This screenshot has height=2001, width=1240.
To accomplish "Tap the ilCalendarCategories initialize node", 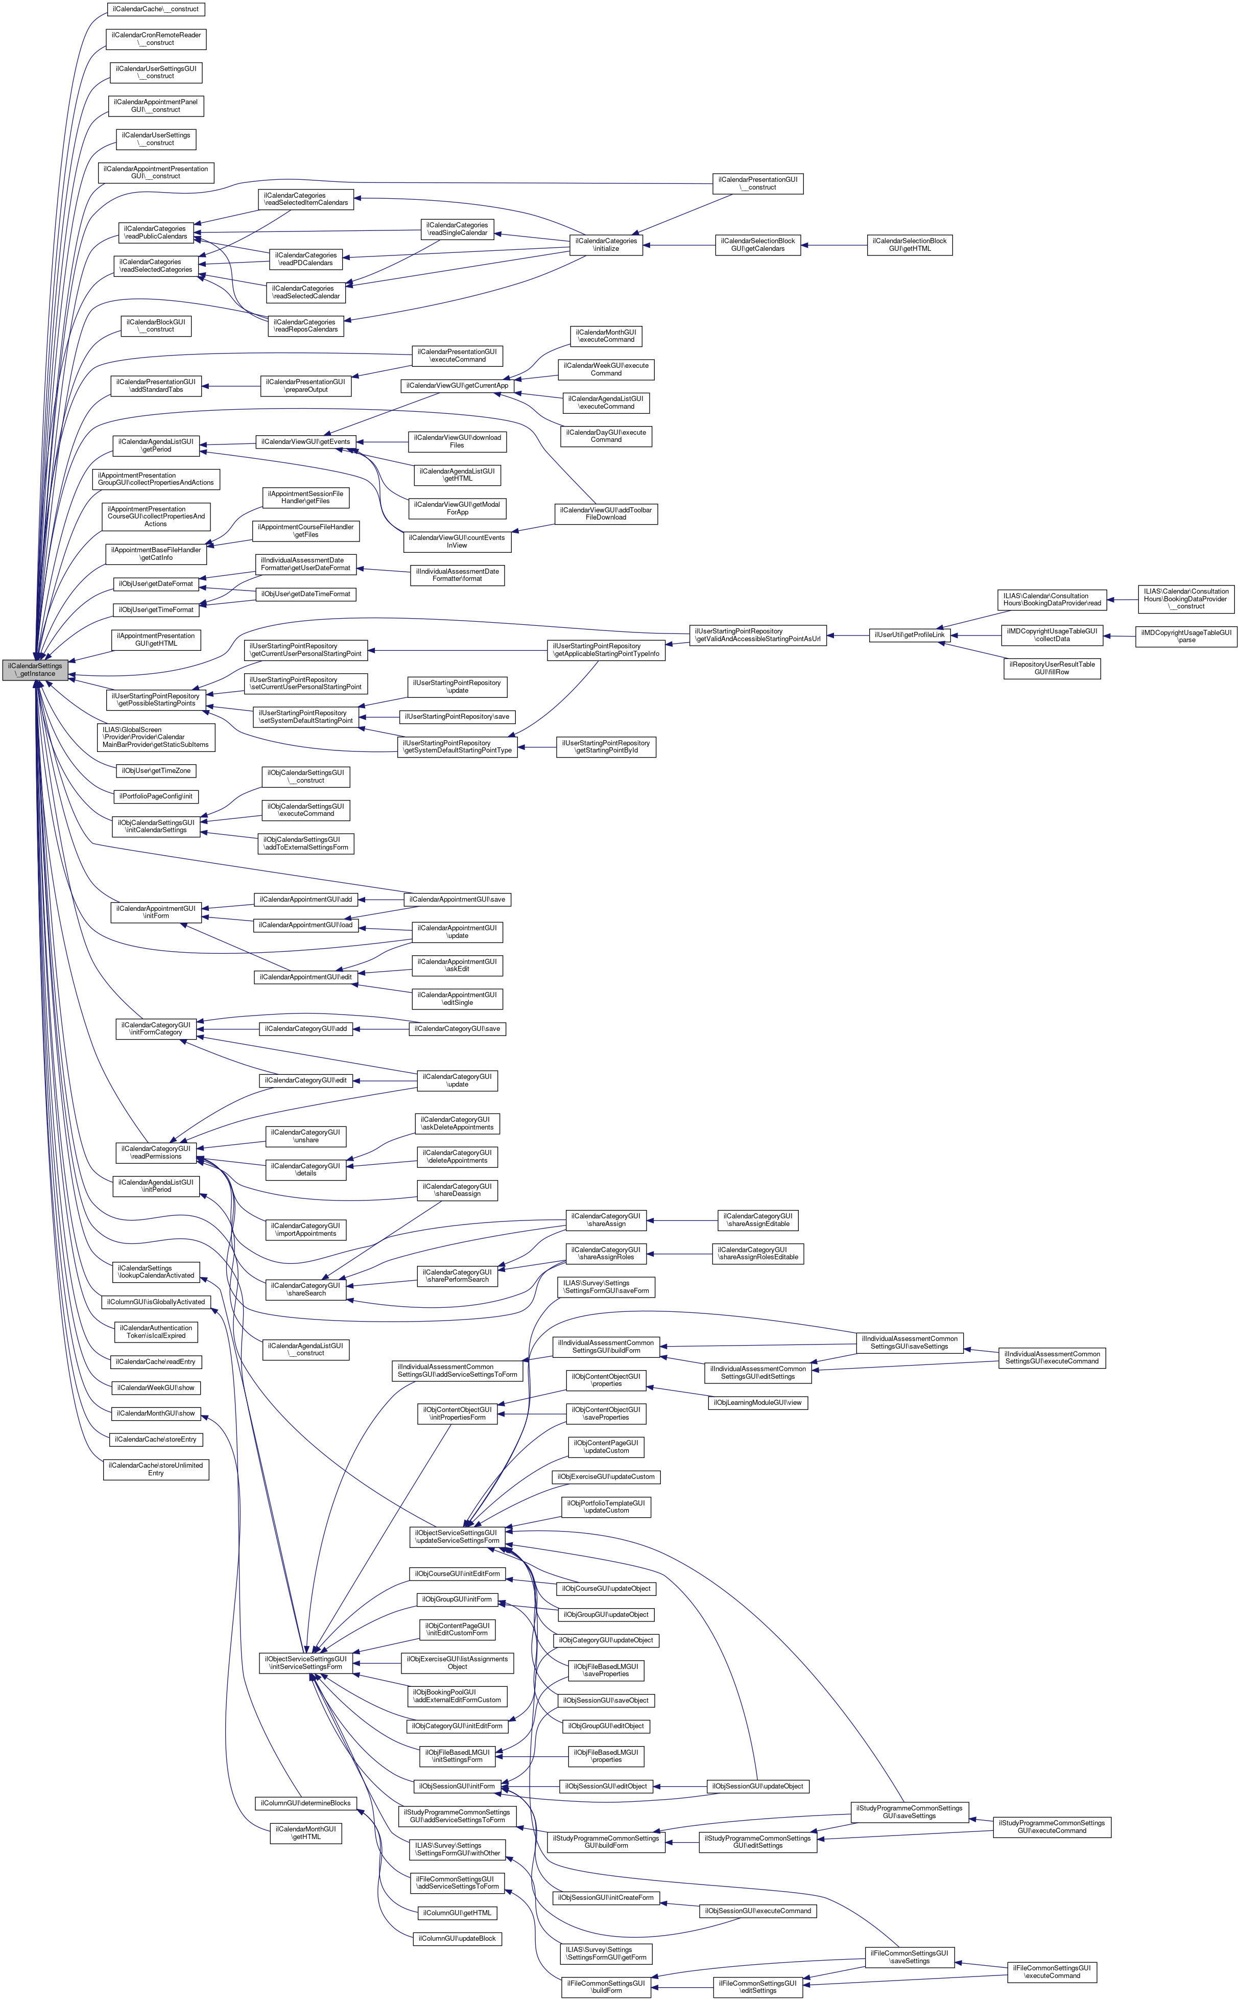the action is pos(606,244).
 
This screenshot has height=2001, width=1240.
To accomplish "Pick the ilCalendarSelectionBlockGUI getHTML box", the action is pos(910,244).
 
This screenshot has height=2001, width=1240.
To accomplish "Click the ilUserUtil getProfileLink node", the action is pos(910,635).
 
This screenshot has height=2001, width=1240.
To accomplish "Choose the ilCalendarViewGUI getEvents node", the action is pos(305,442).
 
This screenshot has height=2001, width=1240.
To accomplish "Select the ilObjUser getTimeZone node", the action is pos(155,771).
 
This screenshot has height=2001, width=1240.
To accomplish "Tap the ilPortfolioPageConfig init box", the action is pos(155,796).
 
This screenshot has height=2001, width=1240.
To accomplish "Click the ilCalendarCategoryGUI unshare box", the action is pos(305,1136).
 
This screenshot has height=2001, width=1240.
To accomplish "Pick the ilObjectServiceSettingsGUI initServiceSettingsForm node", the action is pos(305,1662).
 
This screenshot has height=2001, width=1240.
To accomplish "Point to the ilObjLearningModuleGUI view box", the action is pos(758,1402).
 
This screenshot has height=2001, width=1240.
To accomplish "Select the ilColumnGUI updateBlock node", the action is pos(457,1939).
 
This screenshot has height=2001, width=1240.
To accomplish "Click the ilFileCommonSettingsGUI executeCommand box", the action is pos(1052,1971).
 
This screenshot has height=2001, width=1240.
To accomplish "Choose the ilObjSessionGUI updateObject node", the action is pos(758,1786).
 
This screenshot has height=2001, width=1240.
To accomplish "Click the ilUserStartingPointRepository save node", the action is pos(457,717).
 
